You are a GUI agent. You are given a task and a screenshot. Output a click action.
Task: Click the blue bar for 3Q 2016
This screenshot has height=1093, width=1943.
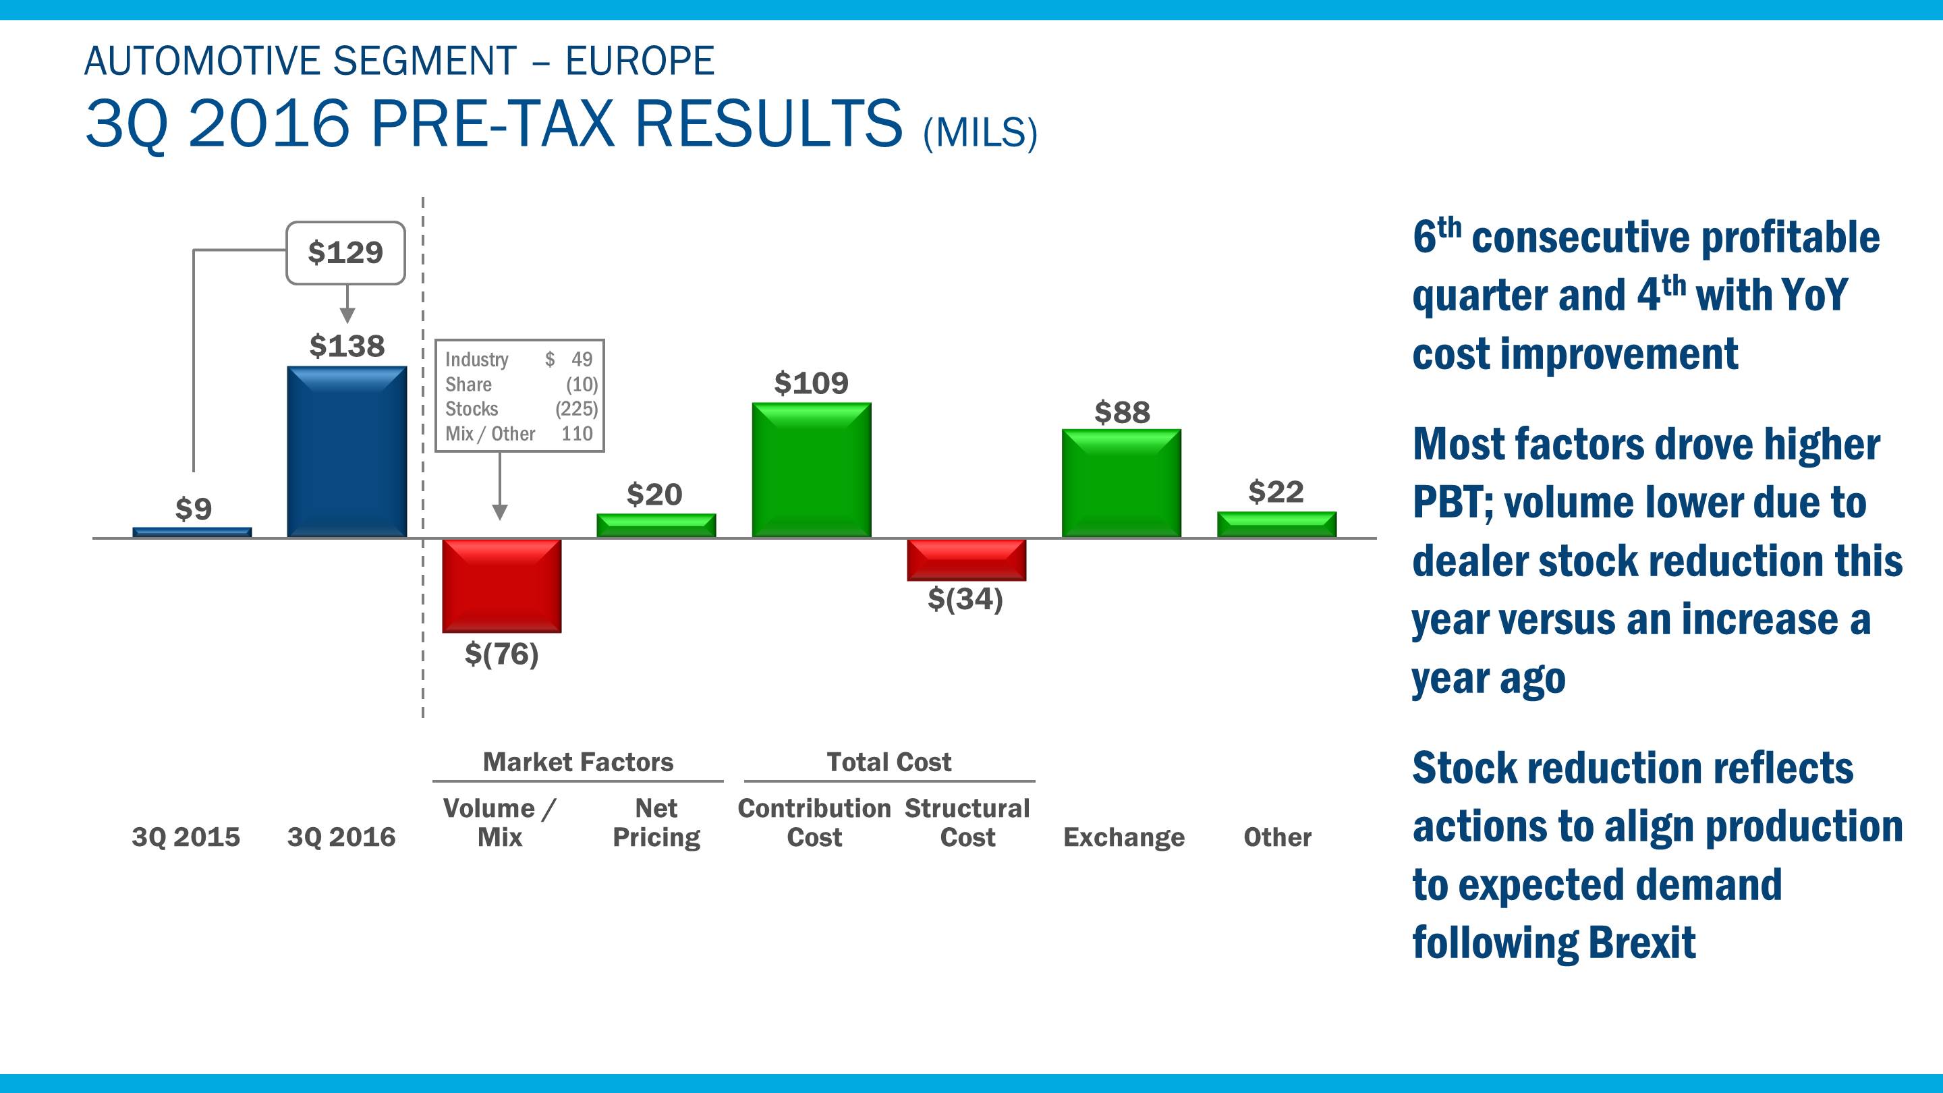[346, 452]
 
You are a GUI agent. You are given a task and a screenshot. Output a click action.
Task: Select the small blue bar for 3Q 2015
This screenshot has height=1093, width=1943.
[192, 532]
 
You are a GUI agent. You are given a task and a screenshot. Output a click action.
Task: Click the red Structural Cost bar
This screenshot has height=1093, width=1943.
[966, 560]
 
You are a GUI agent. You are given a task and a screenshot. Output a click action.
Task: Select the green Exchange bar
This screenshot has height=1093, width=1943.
[1121, 484]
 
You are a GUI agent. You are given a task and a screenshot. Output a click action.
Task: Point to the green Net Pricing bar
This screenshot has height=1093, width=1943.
[656, 526]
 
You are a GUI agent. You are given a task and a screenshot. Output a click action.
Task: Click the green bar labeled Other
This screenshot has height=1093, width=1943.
[1276, 525]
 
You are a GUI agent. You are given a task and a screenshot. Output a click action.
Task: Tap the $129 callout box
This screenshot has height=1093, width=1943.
[345, 253]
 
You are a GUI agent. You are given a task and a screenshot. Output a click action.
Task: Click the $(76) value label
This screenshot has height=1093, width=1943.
[501, 654]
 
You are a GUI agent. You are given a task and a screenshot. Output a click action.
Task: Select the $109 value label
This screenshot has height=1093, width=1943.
[812, 383]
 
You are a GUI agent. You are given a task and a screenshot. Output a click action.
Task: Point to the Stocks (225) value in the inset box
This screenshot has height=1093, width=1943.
[576, 409]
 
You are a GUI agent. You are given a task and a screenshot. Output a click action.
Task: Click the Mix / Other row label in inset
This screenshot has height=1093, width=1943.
[490, 434]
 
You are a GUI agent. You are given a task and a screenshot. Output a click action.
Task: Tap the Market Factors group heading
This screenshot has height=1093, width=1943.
[578, 762]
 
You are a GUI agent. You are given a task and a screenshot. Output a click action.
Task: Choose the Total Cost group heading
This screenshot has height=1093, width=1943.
[889, 762]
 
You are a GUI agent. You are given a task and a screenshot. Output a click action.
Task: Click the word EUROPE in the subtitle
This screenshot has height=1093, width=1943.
[640, 61]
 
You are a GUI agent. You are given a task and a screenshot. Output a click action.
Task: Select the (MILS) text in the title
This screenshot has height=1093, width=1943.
[980, 133]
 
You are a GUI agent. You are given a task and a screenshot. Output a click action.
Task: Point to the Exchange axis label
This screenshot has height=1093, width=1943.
[1124, 837]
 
